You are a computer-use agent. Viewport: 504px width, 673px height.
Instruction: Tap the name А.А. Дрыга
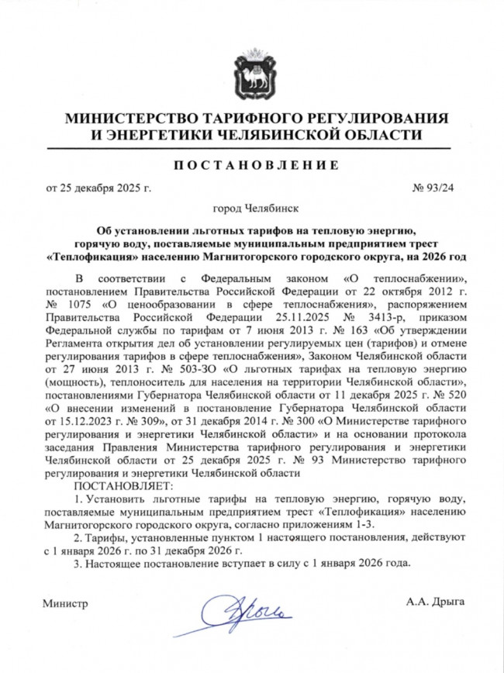coord(434,602)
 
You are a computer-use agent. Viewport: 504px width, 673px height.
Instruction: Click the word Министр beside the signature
coord(65,602)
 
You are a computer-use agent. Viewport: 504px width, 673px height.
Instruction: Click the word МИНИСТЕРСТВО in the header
coord(131,119)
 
